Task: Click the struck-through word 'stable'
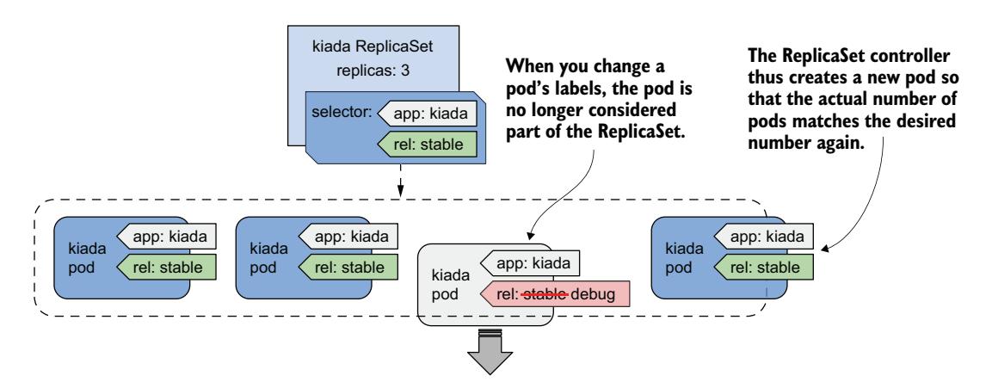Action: point(542,294)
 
